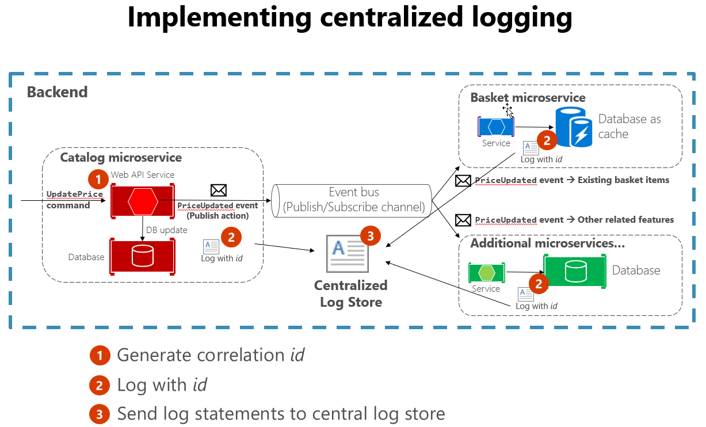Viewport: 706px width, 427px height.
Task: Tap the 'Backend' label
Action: (57, 92)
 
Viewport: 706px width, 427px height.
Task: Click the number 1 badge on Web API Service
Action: (98, 179)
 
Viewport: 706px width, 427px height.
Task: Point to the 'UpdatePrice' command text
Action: (75, 194)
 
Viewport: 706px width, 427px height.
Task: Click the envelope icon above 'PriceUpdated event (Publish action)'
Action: (219, 190)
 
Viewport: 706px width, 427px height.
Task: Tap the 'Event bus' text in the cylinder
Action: (354, 192)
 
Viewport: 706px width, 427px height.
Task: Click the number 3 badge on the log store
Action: (370, 235)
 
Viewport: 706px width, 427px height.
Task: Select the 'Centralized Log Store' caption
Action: (350, 293)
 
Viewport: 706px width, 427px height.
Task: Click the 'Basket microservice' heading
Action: (528, 97)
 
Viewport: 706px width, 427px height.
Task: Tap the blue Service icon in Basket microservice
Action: (496, 127)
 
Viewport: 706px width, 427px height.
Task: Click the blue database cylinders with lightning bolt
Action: (574, 128)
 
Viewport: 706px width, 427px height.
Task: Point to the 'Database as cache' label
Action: (629, 127)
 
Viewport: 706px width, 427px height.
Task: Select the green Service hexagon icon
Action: (486, 272)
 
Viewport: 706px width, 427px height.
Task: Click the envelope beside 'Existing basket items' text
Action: (463, 181)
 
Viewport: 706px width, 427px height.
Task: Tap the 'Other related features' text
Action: (625, 220)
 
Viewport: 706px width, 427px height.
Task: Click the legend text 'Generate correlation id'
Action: (210, 355)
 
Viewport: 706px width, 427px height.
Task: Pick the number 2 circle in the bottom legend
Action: (100, 385)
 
